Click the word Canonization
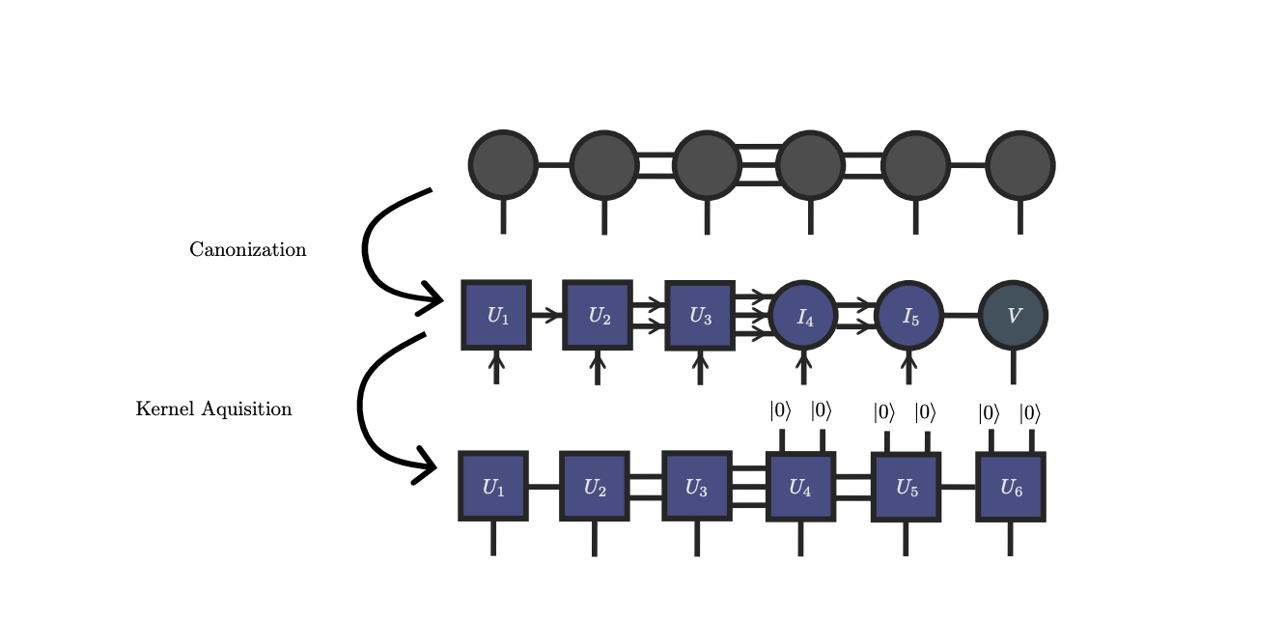pos(247,250)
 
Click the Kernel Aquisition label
pos(213,409)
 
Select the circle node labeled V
pos(1013,316)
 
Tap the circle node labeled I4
pos(804,316)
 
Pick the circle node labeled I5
pos(908,316)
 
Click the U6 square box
pos(1011,487)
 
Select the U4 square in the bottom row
pos(800,487)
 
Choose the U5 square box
pos(906,487)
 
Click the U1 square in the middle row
pos(496,315)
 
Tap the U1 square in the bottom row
pos(493,486)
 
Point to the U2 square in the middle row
pos(598,315)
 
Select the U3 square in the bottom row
pos(696,486)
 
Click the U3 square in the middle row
pos(700,316)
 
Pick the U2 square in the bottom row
pos(595,486)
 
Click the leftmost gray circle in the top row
pos(503,165)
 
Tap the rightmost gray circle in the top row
pos(1020,165)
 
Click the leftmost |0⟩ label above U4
pos(780,411)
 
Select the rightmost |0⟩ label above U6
pos(1030,413)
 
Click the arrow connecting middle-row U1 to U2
pos(546,315)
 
